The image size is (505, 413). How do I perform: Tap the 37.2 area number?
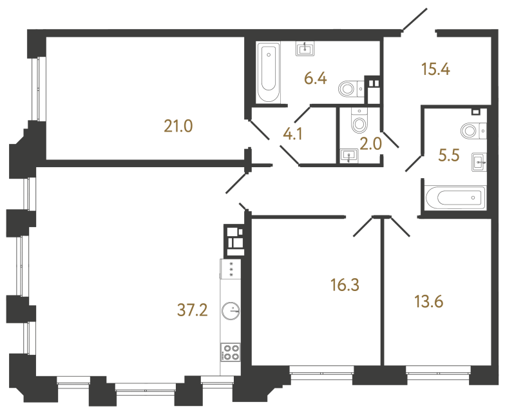click(x=193, y=312)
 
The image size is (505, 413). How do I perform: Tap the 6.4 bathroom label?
click(x=316, y=79)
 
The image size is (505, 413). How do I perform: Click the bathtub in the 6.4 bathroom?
click(x=268, y=72)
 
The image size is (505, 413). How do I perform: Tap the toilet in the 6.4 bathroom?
click(x=350, y=88)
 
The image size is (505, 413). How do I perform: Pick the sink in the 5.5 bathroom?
click(x=478, y=161)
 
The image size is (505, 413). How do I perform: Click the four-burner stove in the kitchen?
click(x=230, y=352)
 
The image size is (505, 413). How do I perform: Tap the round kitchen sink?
click(x=229, y=312)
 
